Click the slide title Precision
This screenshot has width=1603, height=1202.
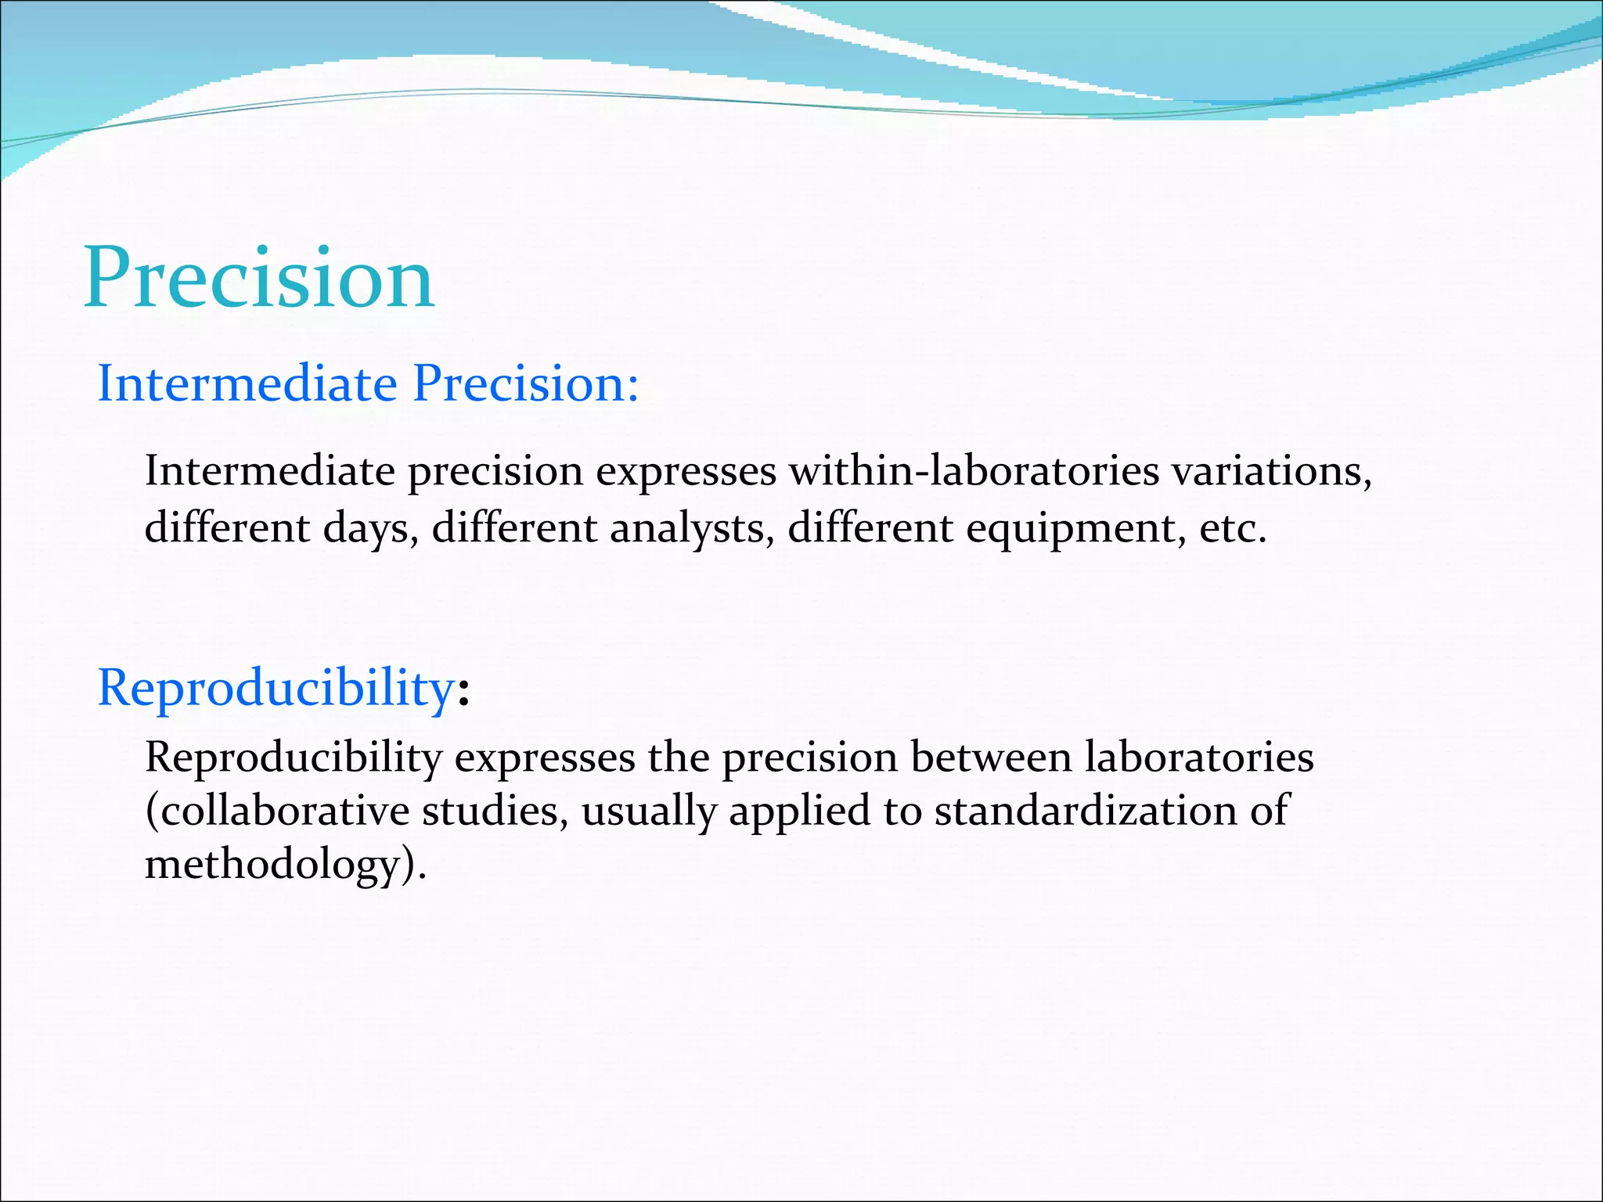coord(258,279)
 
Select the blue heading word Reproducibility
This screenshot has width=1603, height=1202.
coord(276,689)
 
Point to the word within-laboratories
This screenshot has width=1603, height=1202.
coord(974,471)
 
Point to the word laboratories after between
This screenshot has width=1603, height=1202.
coord(1199,758)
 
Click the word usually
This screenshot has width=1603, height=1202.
coord(648,811)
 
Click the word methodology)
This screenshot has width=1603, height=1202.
coord(286,866)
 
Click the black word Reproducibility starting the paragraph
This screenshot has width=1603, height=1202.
coord(294,758)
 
